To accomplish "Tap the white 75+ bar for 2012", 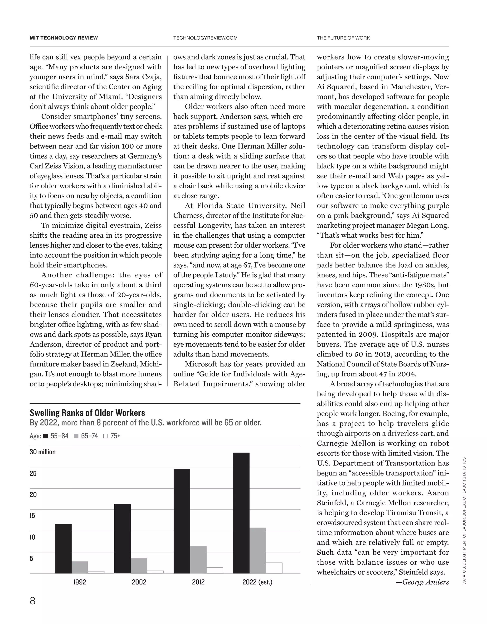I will (x=215, y=570).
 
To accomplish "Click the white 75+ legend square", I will (x=106, y=436).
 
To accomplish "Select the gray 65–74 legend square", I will (x=76, y=436).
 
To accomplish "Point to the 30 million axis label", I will (x=43, y=452).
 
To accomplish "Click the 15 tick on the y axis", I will (x=33, y=516).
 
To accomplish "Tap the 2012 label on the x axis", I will (x=198, y=582).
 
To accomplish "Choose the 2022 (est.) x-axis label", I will (x=257, y=582).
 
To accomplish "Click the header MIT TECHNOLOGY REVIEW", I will (x=63, y=38).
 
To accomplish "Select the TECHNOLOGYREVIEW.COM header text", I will (x=205, y=38).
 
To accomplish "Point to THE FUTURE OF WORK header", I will (x=343, y=38).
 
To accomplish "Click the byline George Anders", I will (x=425, y=582).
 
